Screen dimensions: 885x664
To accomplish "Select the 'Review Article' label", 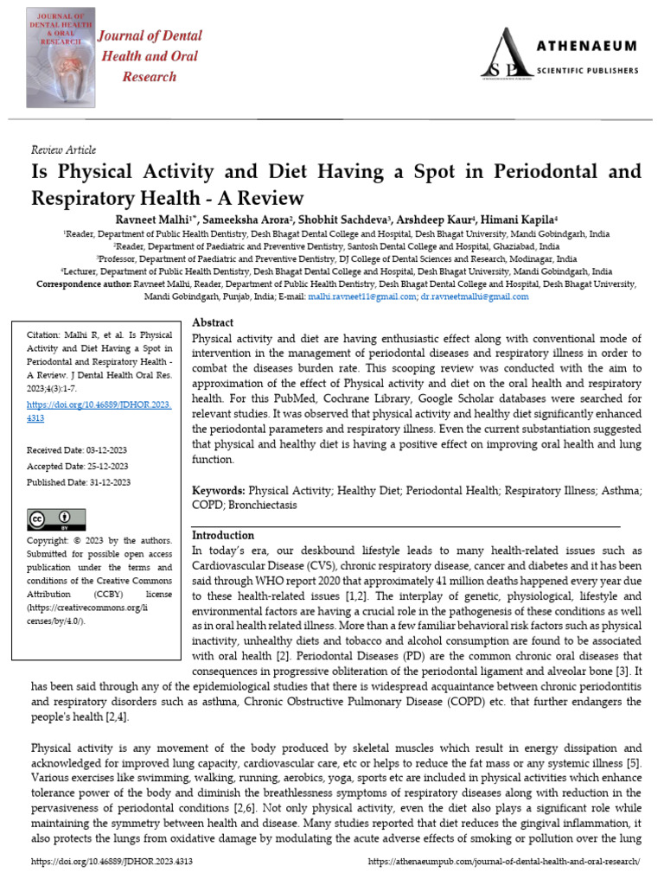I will coord(63,150).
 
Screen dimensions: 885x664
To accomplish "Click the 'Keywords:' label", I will coord(218,490).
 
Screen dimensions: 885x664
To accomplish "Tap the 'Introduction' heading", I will coord(222,535).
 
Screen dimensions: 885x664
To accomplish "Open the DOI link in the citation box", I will coord(100,411).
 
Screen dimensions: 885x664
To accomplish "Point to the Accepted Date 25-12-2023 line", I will coord(78,466).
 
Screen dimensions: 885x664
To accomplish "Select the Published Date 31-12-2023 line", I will coord(79,482).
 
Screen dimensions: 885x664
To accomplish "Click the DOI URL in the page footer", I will coord(112,862).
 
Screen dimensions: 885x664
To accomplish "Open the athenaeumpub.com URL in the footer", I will coord(503,862).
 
